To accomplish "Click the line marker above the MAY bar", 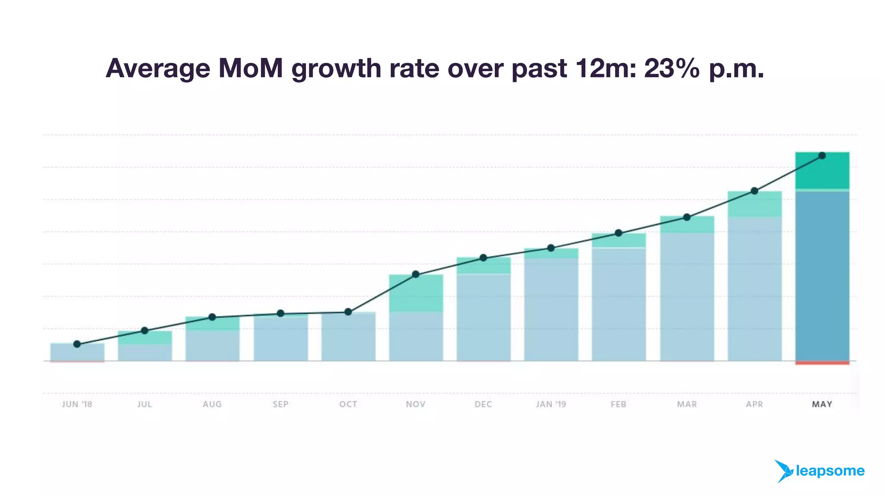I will click(x=822, y=156).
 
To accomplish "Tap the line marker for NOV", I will click(x=416, y=274).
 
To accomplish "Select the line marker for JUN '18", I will click(x=77, y=344).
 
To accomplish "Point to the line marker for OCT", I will click(x=348, y=312).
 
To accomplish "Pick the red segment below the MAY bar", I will click(x=822, y=363).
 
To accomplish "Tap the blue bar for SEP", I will click(x=281, y=339).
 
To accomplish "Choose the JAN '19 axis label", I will click(x=551, y=404).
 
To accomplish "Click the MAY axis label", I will click(x=822, y=404).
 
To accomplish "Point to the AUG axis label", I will click(x=212, y=404).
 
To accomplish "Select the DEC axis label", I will click(x=483, y=404).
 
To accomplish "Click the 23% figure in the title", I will click(x=672, y=69).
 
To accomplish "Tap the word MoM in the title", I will click(x=250, y=69).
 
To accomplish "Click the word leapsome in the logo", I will click(x=830, y=471).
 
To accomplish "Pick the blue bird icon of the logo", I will click(x=783, y=471).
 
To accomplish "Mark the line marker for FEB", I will click(x=618, y=233).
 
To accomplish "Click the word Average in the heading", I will click(x=158, y=69).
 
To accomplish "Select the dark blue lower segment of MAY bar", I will click(x=822, y=276).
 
